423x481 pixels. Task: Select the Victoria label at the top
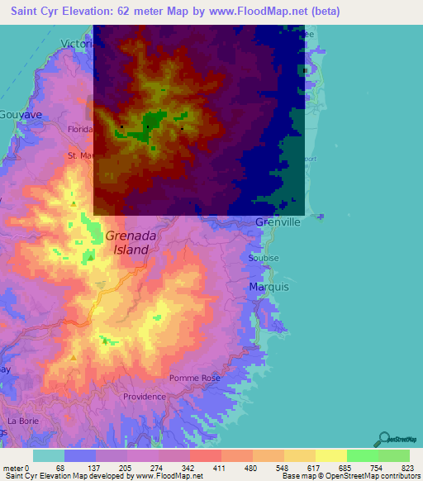pyautogui.click(x=77, y=44)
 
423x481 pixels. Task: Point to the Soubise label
pyautogui.click(x=264, y=258)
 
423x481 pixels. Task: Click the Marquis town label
pyautogui.click(x=269, y=287)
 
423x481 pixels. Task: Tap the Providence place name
pyautogui.click(x=144, y=397)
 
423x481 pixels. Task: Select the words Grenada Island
pyautogui.click(x=128, y=242)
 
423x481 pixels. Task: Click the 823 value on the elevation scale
pyautogui.click(x=406, y=466)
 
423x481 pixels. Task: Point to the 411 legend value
pyautogui.click(x=219, y=466)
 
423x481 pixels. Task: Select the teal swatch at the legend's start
pyautogui.click(x=48, y=455)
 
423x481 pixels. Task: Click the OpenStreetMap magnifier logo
pyautogui.click(x=383, y=439)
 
